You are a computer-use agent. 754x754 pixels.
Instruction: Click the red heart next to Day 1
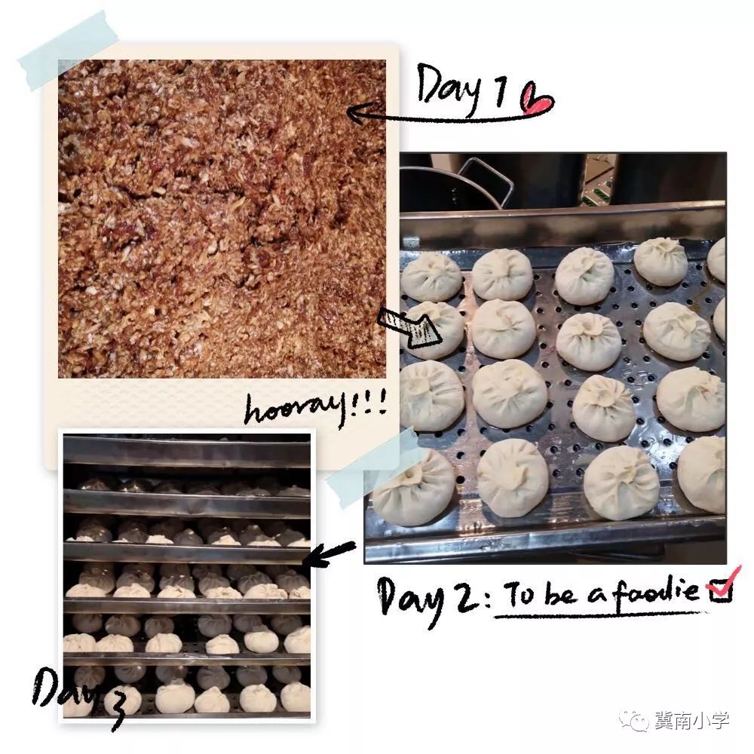(538, 99)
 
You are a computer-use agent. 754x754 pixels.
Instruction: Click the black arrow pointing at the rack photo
(330, 553)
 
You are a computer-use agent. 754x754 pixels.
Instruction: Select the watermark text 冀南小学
(691, 721)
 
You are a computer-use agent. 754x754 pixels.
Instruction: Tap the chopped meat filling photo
(222, 219)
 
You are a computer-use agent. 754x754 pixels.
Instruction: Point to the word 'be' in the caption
(562, 593)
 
